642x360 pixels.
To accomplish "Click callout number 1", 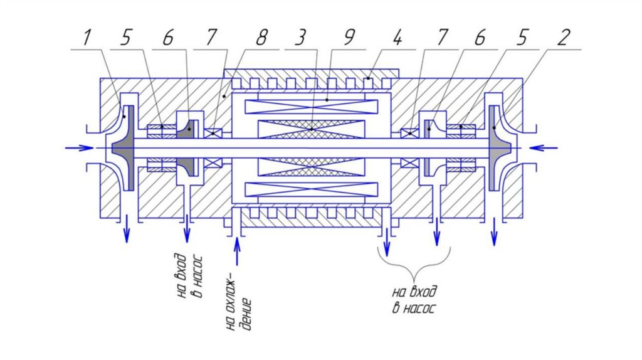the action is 87,38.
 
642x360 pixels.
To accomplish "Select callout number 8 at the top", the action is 261,38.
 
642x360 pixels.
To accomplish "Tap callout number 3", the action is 300,38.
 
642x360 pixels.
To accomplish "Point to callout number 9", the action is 349,38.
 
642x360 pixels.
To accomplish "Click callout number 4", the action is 396,38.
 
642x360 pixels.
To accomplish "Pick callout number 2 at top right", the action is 564,38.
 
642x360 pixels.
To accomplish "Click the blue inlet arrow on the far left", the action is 80,147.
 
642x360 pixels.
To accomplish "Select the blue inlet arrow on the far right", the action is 543,147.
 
